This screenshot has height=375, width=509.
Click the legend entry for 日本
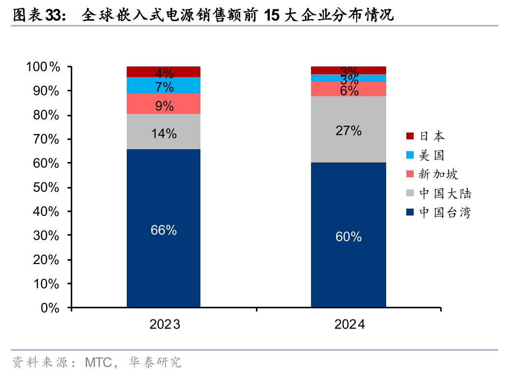[x=425, y=136]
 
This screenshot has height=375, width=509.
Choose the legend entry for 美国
[x=425, y=156]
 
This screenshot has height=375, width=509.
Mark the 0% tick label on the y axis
[x=50, y=308]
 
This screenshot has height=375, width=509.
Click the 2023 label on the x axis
[x=165, y=324]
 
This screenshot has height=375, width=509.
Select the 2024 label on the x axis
[x=349, y=324]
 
